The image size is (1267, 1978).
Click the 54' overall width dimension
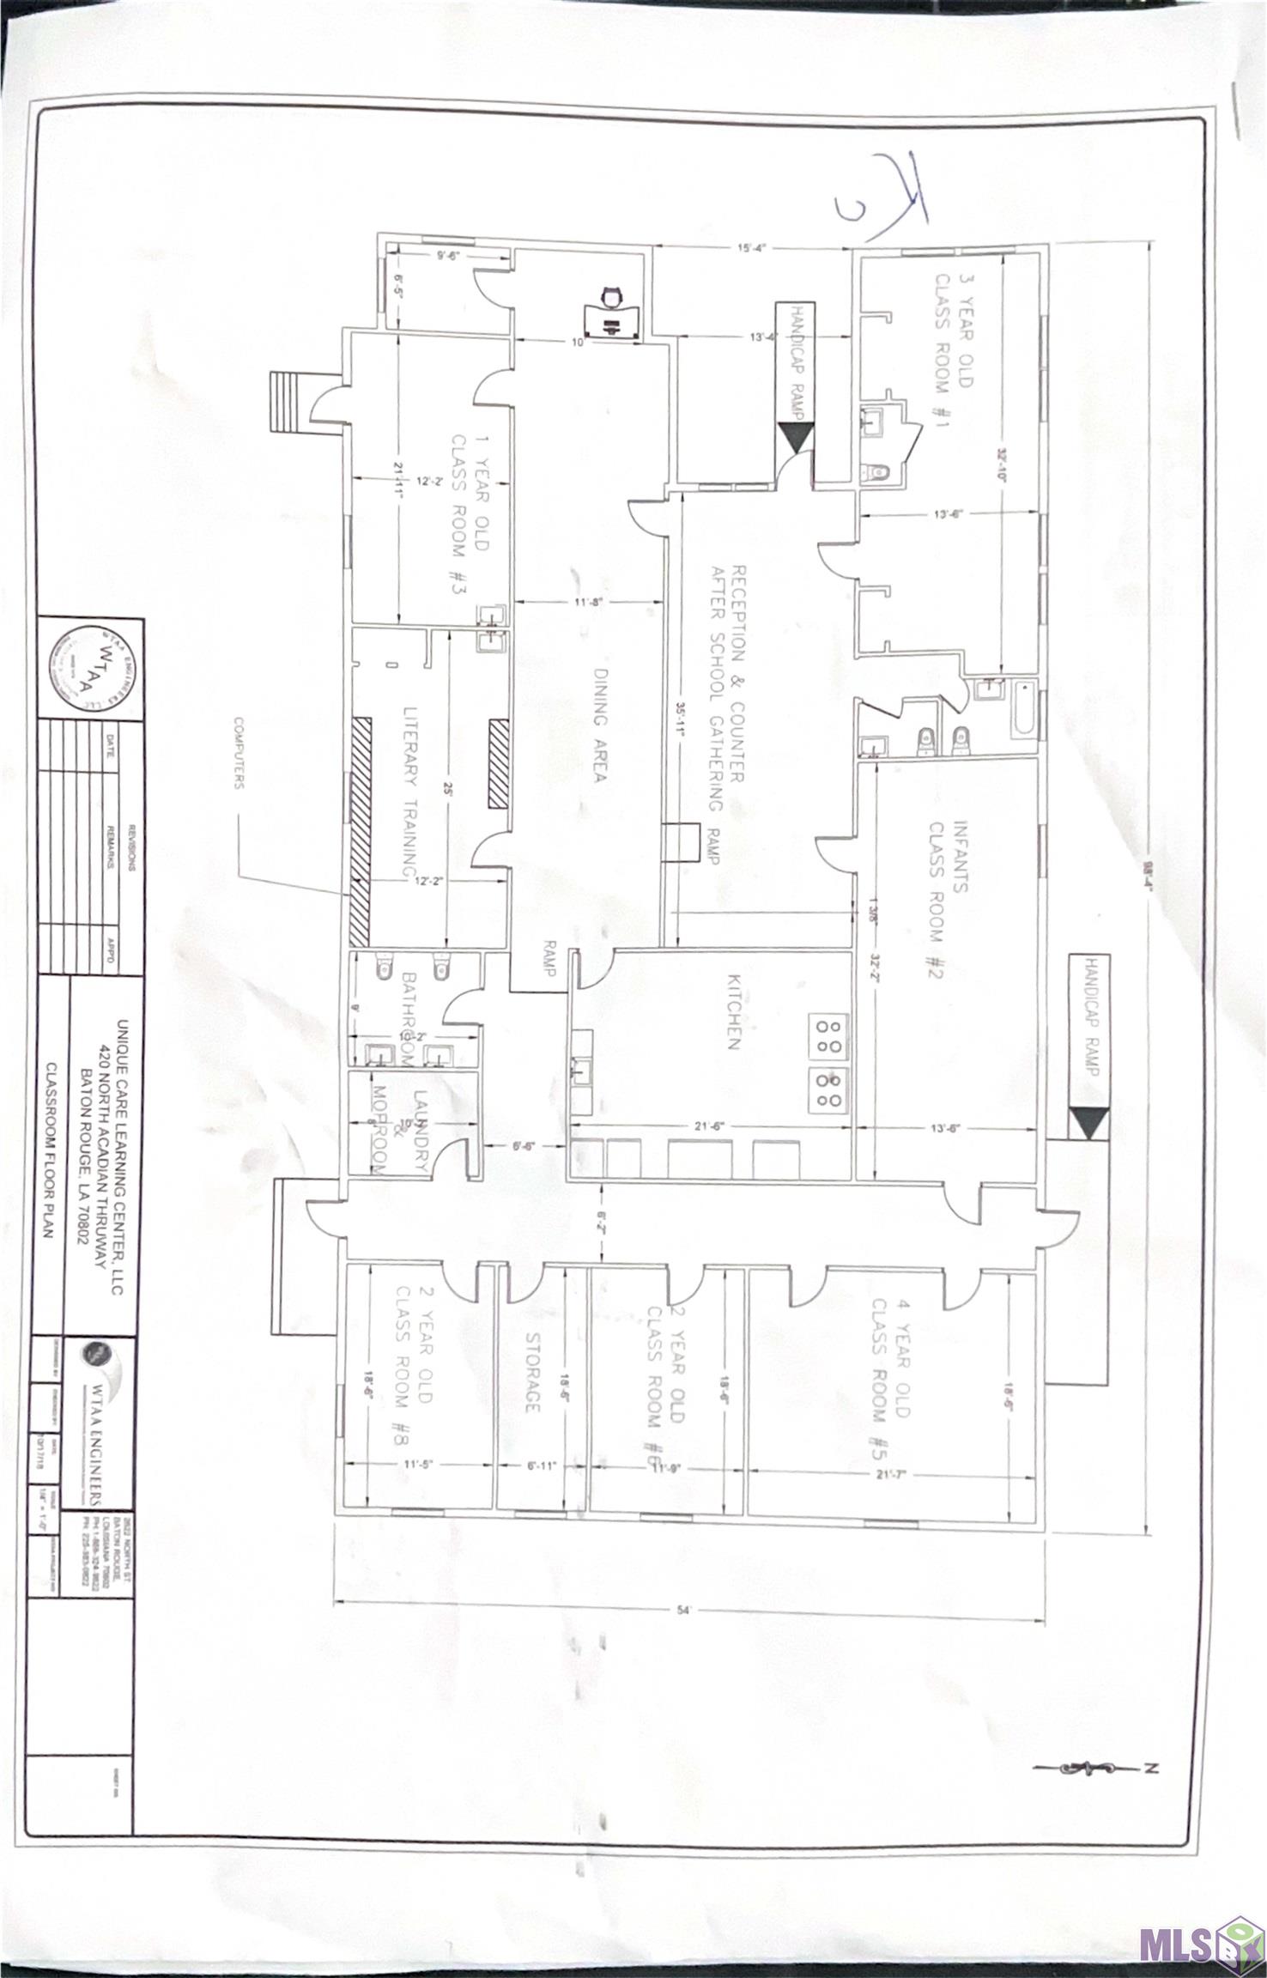[x=684, y=1611]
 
